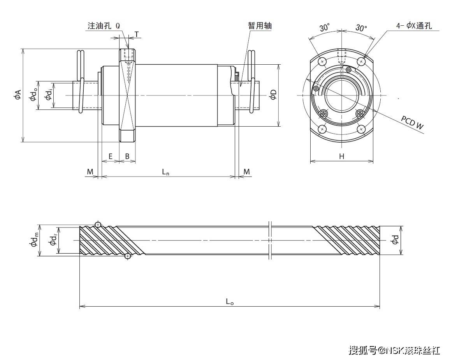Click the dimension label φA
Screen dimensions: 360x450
pos(17,95)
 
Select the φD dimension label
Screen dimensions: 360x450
pos(273,95)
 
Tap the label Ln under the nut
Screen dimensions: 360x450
pos(166,172)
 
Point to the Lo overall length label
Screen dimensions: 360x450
pos(230,301)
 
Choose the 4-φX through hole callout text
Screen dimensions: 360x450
pos(414,26)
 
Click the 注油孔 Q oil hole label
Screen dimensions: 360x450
pos(104,26)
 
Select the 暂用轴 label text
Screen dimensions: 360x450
pos(260,26)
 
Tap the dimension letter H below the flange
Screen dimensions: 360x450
pos(341,156)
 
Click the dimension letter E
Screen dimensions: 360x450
pos(111,156)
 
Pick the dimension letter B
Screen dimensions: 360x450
pos(127,156)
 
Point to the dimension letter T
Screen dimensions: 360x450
pos(137,34)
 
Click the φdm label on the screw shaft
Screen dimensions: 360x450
pos(34,240)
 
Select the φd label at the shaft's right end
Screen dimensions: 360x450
pos(395,240)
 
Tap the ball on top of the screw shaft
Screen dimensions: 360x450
pos(98,224)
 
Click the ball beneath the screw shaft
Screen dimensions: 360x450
pos(127,256)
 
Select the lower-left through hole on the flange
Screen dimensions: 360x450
pos(322,129)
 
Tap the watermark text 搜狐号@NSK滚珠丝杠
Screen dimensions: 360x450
pos(394,349)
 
